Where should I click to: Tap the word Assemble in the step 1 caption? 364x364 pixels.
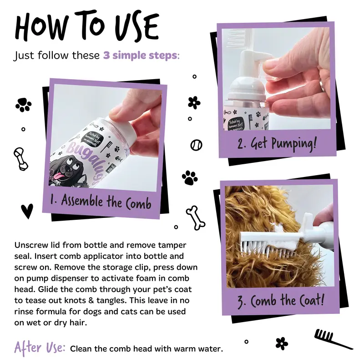(82, 200)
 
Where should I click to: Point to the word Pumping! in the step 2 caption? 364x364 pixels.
(294, 144)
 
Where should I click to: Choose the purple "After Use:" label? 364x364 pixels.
(40, 348)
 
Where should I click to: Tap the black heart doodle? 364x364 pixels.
(27, 211)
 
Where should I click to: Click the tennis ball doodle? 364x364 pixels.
(197, 145)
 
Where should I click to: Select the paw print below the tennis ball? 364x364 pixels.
(190, 178)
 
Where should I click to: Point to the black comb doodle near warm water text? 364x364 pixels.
(332, 339)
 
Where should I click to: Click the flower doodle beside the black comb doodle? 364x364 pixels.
(282, 344)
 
